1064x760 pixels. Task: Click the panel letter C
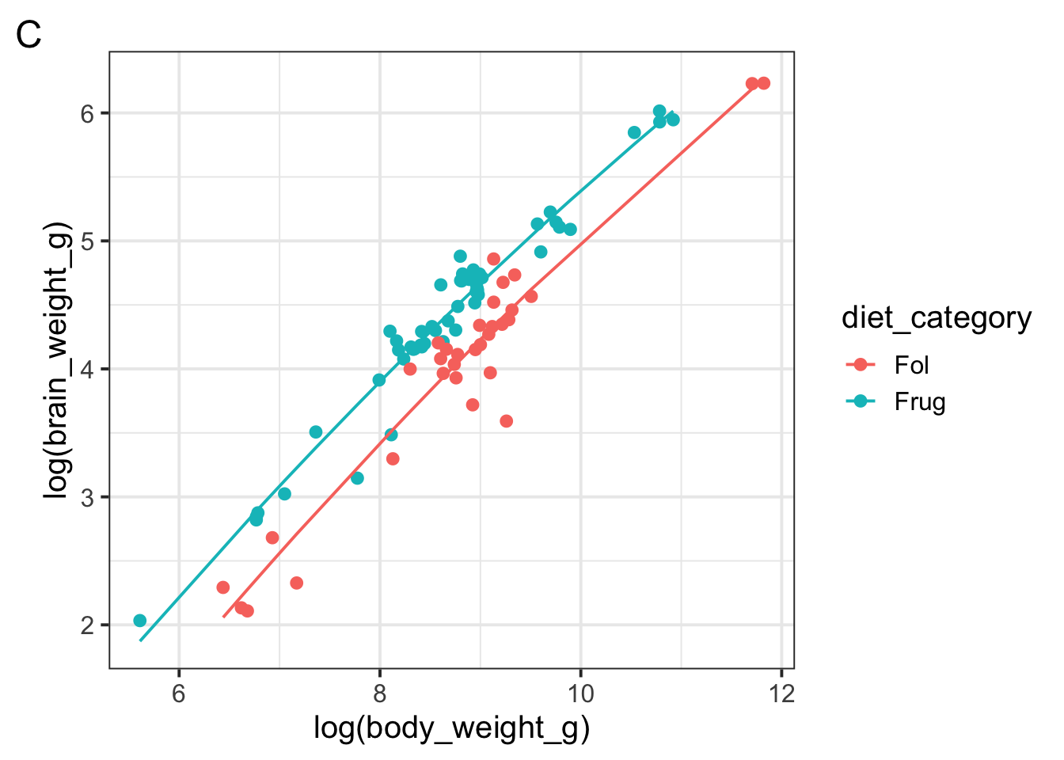pos(28,36)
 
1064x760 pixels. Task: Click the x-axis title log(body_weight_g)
pos(451,728)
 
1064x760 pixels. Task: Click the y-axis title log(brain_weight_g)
pos(58,361)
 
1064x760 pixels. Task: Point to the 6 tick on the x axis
pos(179,694)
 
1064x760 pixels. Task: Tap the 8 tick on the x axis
pos(380,694)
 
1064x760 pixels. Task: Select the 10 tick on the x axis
pos(580,694)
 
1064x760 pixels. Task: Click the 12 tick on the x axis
pos(781,694)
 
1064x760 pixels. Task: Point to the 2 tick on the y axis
pos(87,625)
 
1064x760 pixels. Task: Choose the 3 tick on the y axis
pos(87,497)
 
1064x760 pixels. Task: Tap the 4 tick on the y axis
pos(87,369)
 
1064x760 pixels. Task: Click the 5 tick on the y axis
pos(87,241)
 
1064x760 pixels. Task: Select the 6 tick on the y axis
pos(87,113)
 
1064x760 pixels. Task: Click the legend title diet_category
pos(937,318)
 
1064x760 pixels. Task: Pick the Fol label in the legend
pos(911,365)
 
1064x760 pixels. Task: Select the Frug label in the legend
pos(920,402)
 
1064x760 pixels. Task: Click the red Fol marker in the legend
pos(861,365)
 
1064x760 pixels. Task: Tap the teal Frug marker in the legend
pos(861,402)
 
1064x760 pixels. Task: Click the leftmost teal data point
pos(140,621)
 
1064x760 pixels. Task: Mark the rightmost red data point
pos(764,83)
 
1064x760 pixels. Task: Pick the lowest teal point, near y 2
pos(140,621)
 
